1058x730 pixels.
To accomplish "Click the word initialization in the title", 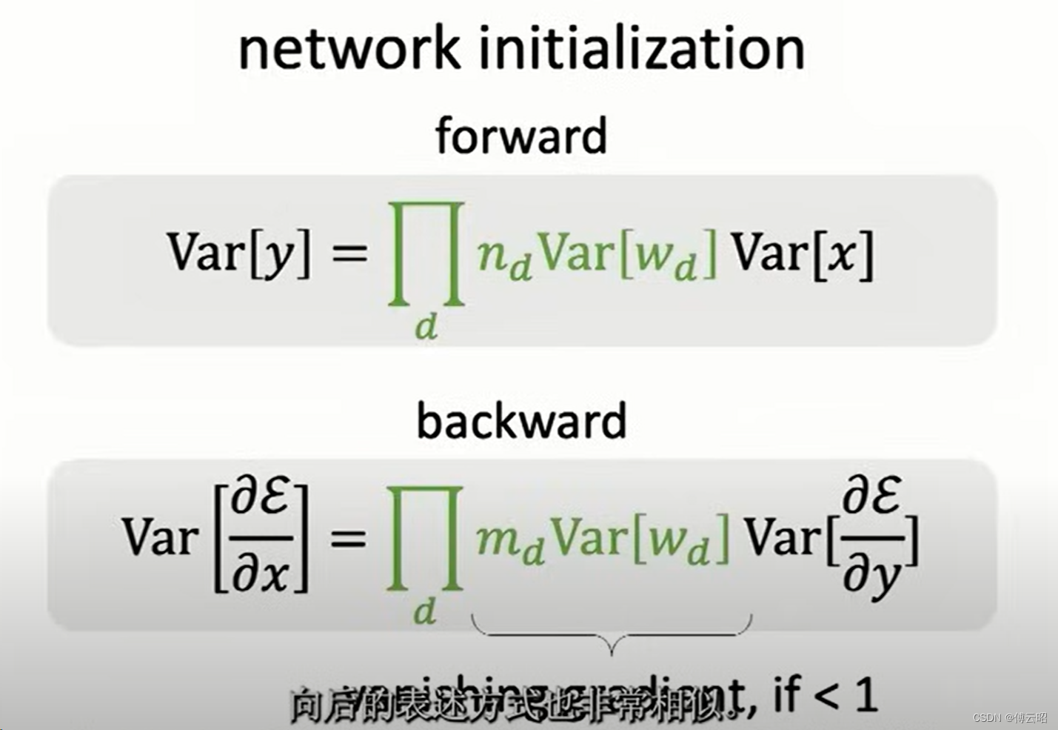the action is click(x=642, y=49).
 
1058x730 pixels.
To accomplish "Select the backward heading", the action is click(x=521, y=420).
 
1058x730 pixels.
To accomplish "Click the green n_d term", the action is click(x=504, y=256).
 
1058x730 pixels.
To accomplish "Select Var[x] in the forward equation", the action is click(x=803, y=253).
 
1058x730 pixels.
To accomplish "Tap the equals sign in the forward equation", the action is click(x=349, y=253).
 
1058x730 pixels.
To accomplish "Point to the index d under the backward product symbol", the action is click(x=425, y=611).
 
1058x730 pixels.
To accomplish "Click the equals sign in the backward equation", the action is click(x=348, y=537).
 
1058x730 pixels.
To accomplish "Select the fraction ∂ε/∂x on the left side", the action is click(x=261, y=537).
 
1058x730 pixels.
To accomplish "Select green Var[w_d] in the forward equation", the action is click(x=628, y=255).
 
